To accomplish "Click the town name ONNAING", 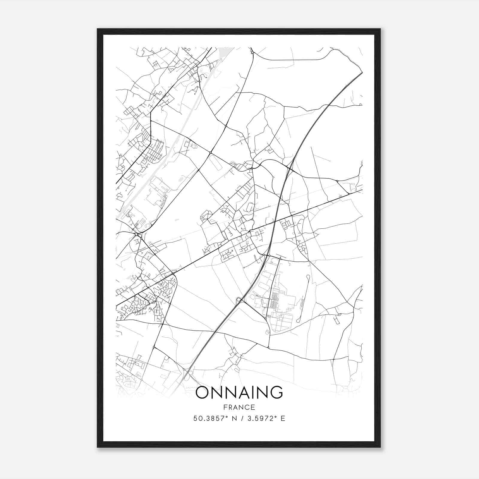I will coord(239,392).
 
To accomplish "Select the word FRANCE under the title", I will coord(239,407).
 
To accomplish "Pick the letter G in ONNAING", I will coord(276,392).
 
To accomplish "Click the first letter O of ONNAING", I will coord(203,392).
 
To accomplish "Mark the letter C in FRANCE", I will coord(247,407).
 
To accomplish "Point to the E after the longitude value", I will coord(283,419).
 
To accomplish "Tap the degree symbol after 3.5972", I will coord(276,417).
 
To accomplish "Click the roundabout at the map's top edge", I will coord(252,53).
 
